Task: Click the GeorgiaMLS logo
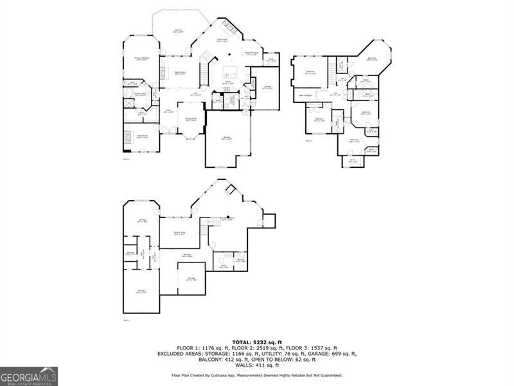29,376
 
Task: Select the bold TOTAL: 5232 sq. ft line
257,343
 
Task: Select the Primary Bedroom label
142,59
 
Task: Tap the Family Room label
179,73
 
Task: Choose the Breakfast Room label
251,53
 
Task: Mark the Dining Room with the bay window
191,120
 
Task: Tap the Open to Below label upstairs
305,95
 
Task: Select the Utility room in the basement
222,265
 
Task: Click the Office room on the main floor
271,61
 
